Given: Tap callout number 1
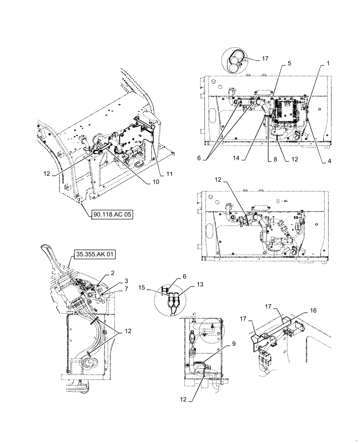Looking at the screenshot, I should [x=328, y=64].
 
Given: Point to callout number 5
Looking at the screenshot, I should [x=289, y=64].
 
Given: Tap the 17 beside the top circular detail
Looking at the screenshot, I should [x=265, y=58].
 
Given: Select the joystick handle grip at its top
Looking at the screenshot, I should [x=45, y=249].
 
